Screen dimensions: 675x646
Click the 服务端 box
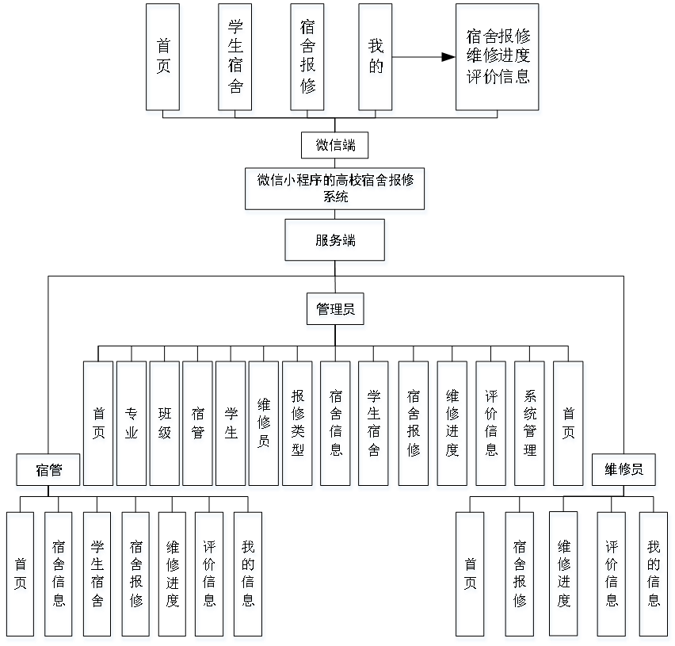(336, 243)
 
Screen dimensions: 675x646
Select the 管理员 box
(336, 312)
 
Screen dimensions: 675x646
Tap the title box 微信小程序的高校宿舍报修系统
(336, 191)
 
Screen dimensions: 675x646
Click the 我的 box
(376, 59)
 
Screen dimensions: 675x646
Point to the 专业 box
(132, 425)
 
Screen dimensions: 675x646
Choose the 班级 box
(165, 425)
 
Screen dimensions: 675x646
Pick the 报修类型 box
(299, 425)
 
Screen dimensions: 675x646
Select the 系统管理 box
(530, 425)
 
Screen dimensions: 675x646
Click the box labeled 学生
(231, 425)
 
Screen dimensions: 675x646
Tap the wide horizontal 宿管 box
(48, 472)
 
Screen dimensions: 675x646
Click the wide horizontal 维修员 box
(624, 472)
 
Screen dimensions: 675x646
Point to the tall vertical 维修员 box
(264, 425)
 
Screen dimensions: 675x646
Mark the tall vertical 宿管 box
(198, 425)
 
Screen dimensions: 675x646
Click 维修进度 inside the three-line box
(498, 59)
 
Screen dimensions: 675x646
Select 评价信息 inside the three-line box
(498, 80)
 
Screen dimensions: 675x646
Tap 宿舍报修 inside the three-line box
(498, 38)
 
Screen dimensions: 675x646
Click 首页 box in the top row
(164, 59)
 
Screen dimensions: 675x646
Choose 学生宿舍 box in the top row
(235, 59)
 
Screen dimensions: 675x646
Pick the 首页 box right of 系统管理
(569, 425)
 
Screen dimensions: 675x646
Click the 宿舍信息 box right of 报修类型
(336, 425)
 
